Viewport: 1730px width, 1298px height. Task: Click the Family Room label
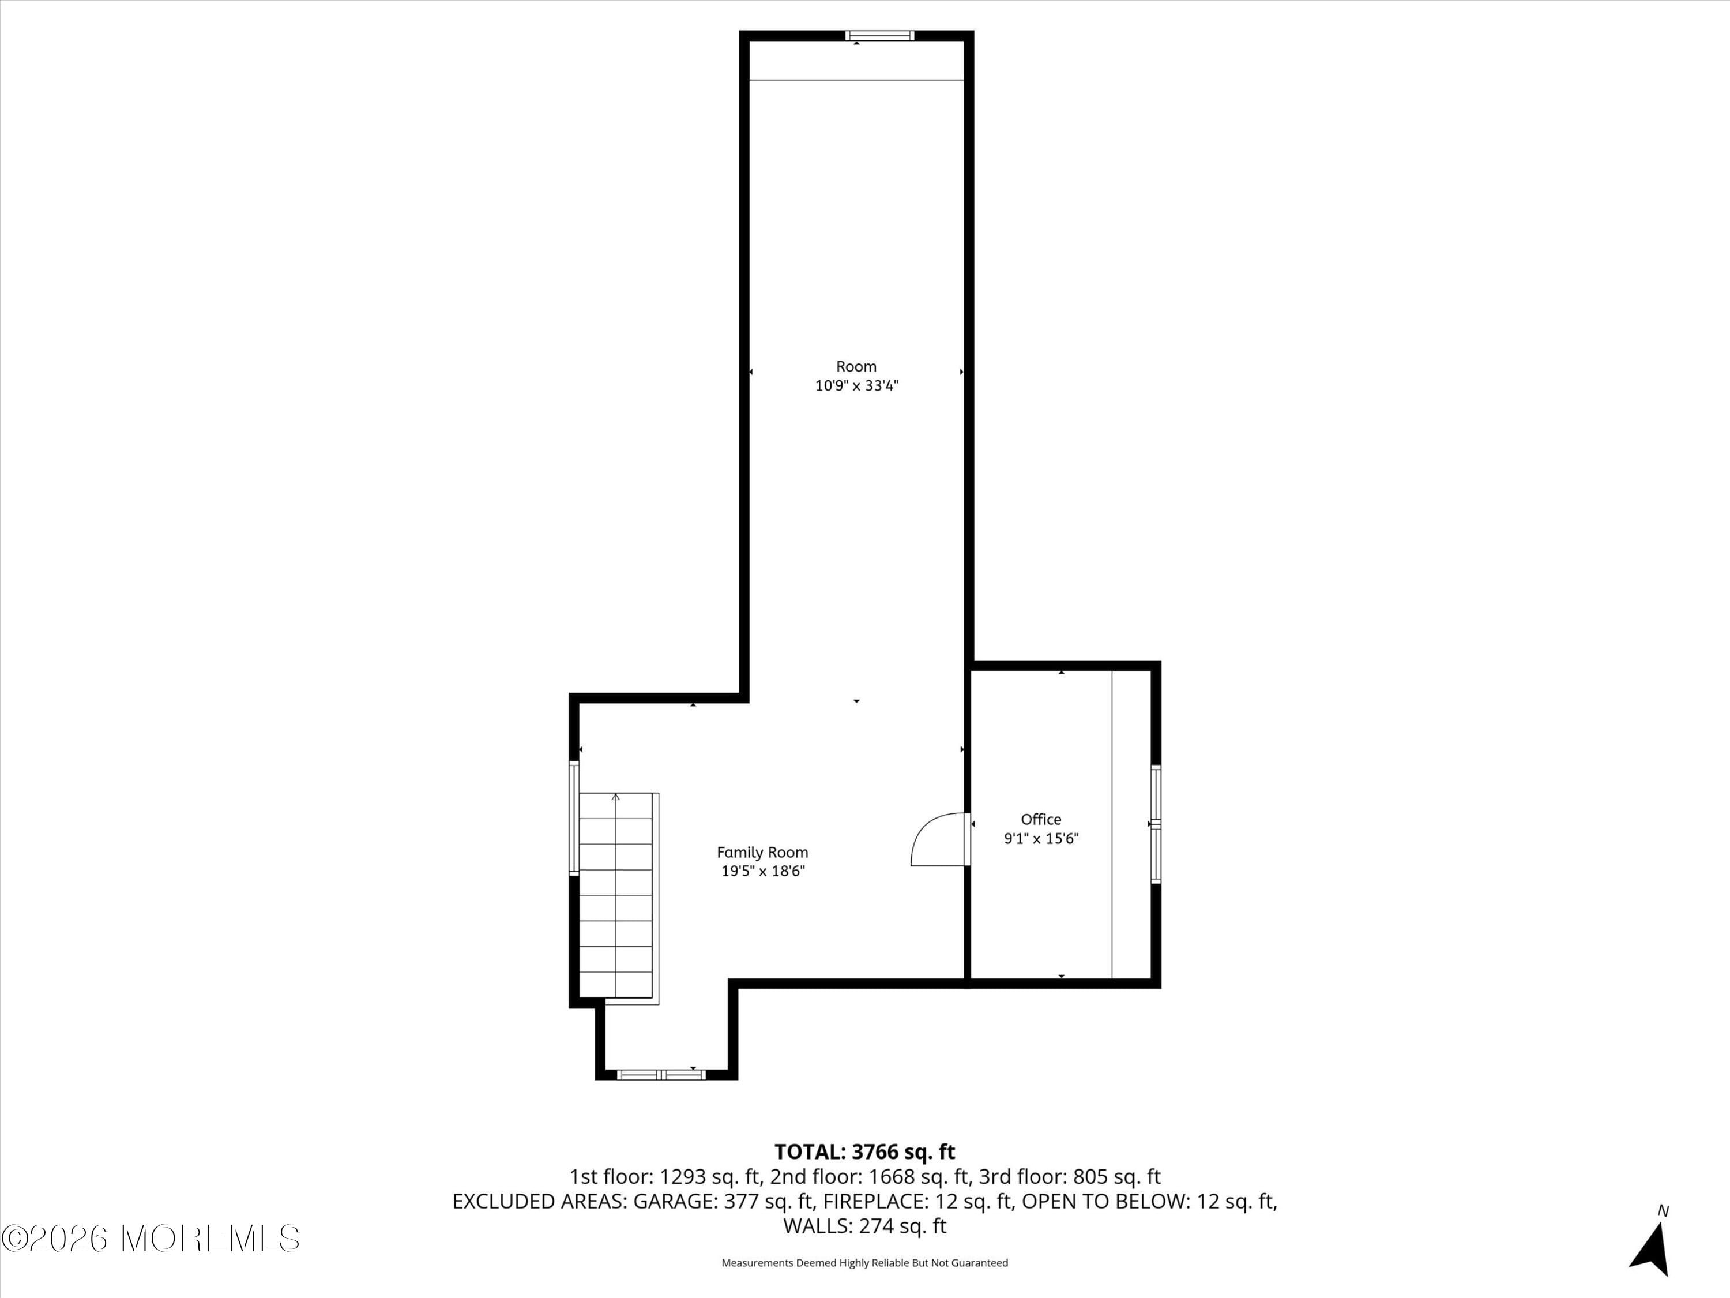coord(762,852)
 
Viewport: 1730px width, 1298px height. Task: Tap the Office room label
coord(1041,819)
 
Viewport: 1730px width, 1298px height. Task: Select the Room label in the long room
coord(856,366)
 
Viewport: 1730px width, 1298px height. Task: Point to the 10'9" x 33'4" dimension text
coord(857,386)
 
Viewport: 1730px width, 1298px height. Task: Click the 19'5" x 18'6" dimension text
coord(762,872)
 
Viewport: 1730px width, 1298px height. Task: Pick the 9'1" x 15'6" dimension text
coord(1041,839)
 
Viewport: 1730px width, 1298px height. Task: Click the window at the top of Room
coord(880,35)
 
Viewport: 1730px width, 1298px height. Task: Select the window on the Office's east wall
coord(1155,824)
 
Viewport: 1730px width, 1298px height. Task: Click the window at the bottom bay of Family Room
coord(661,1075)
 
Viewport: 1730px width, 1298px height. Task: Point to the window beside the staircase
coord(573,819)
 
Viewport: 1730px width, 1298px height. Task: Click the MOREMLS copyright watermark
coord(150,1238)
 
